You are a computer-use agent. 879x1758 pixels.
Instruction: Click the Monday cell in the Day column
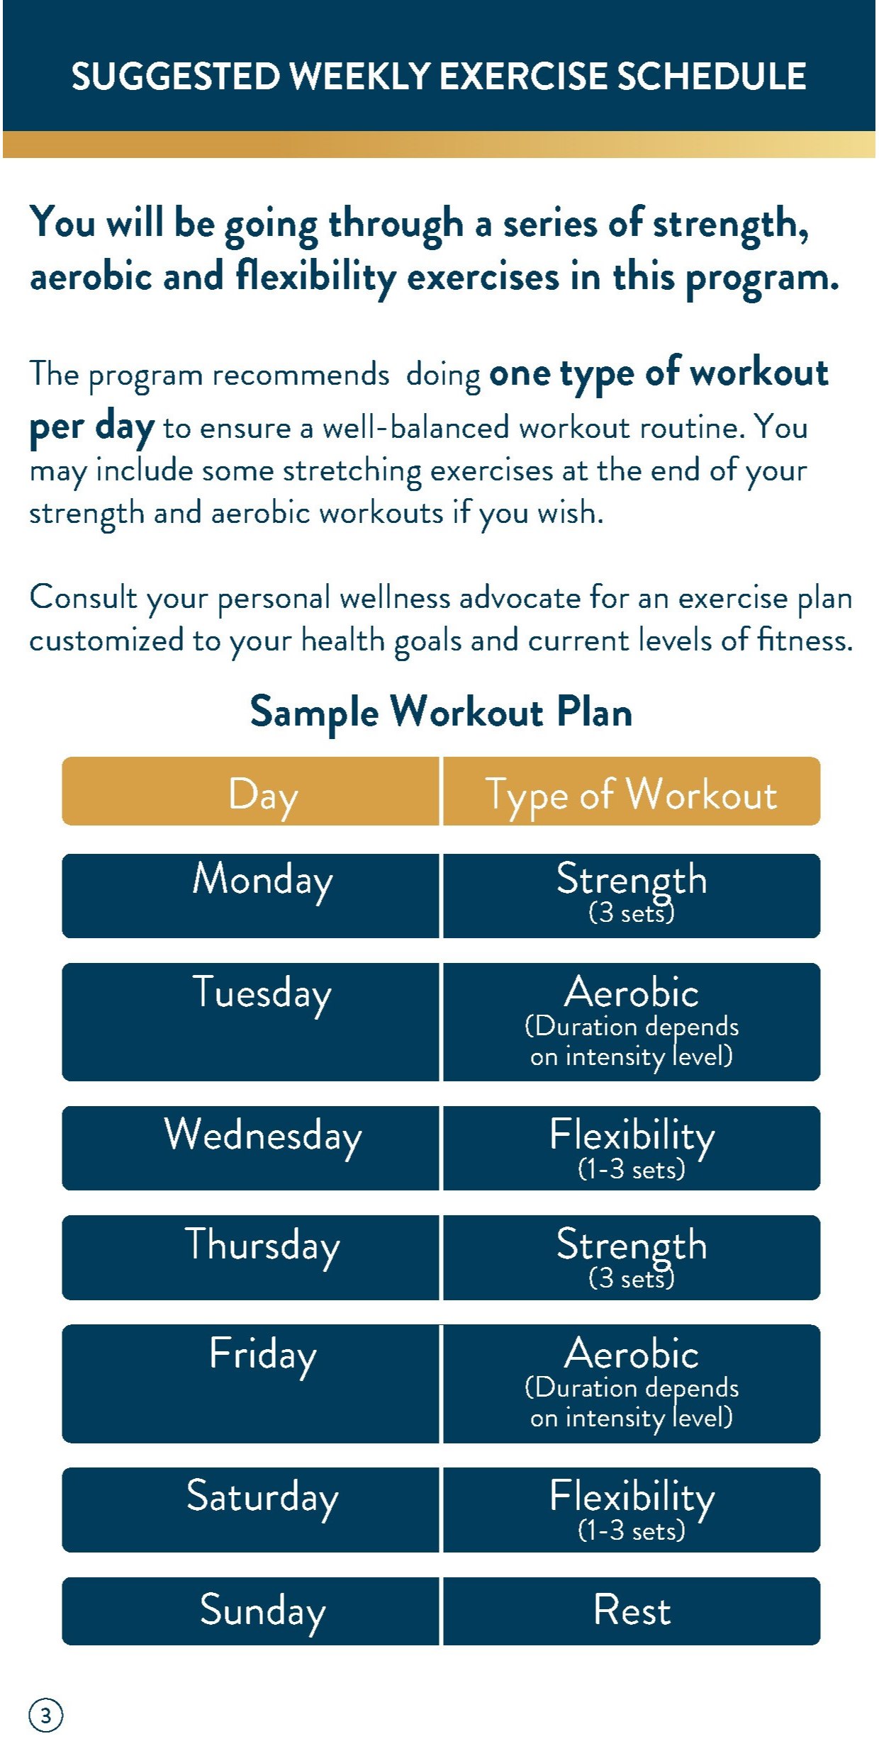[x=250, y=896]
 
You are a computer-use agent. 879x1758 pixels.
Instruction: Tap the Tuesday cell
[x=250, y=1022]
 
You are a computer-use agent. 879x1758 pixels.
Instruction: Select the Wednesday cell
[x=250, y=1148]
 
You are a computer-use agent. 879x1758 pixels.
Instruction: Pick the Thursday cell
[x=250, y=1258]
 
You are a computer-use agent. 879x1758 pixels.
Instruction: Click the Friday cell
[x=250, y=1384]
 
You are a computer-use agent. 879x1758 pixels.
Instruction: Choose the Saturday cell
[x=250, y=1510]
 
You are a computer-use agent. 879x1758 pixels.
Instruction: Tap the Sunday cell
[x=250, y=1611]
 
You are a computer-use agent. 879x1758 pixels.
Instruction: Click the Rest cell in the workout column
[x=632, y=1611]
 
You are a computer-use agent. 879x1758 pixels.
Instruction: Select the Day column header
[x=250, y=791]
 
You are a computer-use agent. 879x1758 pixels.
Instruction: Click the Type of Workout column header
[x=632, y=791]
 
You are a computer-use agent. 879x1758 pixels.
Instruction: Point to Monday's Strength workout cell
[x=632, y=896]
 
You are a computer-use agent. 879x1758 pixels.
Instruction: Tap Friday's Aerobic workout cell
[x=632, y=1384]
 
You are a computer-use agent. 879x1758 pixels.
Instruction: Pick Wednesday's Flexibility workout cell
[x=632, y=1148]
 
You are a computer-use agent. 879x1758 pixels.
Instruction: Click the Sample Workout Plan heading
[x=441, y=713]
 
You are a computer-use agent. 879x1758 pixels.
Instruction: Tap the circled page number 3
[x=46, y=1715]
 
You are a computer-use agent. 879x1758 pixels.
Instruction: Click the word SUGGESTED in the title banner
[x=176, y=77]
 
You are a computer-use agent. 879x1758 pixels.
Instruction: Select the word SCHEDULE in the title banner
[x=712, y=77]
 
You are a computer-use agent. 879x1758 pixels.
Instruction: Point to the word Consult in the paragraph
[x=83, y=597]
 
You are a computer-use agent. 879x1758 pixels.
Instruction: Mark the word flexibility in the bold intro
[x=315, y=277]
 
